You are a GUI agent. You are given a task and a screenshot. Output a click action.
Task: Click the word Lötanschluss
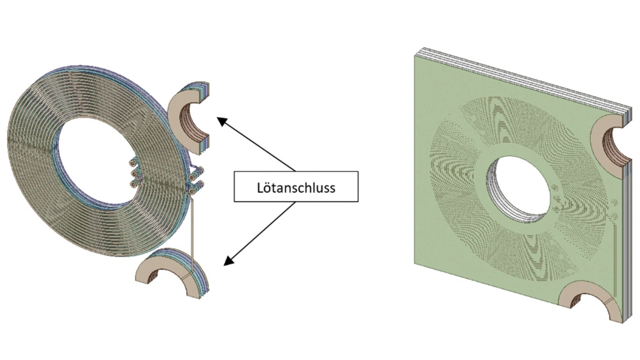tap(296, 187)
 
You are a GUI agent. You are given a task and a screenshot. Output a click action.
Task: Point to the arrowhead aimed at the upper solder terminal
tap(220, 119)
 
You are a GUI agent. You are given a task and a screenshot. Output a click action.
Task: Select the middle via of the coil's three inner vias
tap(133, 173)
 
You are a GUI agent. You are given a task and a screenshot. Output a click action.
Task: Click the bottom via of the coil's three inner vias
tap(133, 184)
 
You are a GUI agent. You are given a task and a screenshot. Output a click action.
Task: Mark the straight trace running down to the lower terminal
tap(191, 235)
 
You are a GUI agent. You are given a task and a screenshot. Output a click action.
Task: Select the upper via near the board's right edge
tap(614, 203)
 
